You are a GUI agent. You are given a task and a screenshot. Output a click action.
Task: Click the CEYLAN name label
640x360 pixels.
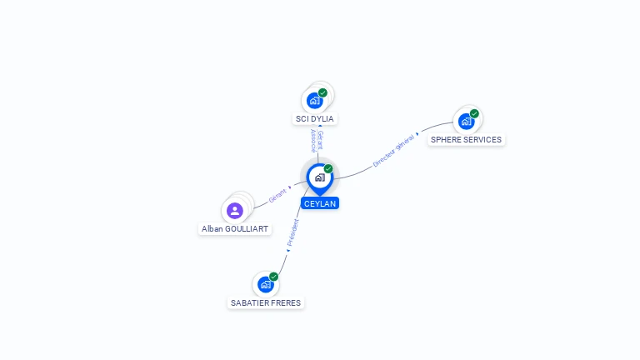pos(320,203)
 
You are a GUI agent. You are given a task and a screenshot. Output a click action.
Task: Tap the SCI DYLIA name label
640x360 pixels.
pos(315,119)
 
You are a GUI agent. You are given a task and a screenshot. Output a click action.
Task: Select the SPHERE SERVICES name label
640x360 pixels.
pos(466,140)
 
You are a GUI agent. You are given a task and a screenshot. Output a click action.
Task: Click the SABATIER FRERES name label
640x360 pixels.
pos(266,302)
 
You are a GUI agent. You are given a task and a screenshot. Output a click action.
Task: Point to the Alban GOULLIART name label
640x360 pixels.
pos(235,229)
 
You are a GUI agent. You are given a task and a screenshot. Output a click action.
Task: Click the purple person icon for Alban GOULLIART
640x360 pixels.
pos(235,211)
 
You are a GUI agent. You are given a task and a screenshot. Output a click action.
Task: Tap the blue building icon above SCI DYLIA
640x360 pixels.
pos(315,100)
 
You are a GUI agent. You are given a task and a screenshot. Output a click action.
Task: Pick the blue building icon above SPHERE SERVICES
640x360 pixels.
pos(466,121)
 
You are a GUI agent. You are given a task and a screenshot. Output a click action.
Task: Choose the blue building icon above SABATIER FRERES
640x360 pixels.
pos(266,284)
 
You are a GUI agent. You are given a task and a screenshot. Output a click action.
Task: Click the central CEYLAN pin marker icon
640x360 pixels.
pos(320,179)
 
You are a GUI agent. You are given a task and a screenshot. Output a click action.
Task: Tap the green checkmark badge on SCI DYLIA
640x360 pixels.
pos(322,92)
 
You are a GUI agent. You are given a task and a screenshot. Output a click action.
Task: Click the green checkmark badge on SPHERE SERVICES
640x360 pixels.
pos(474,113)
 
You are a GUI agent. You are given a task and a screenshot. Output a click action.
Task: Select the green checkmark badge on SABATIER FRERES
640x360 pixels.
pos(273,277)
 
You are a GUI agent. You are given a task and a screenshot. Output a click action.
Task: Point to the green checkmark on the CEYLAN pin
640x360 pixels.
pos(328,168)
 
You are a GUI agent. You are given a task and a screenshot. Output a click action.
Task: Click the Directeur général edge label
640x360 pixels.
pos(393,151)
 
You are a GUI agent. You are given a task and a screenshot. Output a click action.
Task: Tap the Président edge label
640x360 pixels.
pos(293,232)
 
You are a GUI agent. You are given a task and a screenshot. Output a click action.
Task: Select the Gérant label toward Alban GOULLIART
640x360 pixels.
pos(277,196)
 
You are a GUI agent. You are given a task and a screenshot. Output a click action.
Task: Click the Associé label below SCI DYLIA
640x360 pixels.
pos(313,141)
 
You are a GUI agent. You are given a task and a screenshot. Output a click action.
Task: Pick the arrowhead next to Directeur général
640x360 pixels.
pos(417,134)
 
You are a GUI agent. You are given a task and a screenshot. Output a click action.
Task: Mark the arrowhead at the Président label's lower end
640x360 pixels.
pos(287,251)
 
